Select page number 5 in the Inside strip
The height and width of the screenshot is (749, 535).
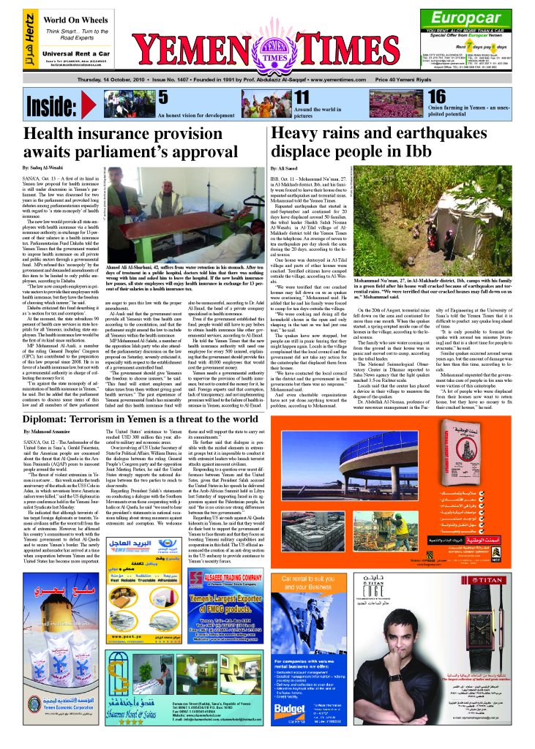pyautogui.click(x=163, y=97)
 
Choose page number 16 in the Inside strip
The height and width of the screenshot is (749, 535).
pyautogui.click(x=437, y=97)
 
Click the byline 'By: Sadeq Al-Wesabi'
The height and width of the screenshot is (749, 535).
pyautogui.click(x=48, y=169)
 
